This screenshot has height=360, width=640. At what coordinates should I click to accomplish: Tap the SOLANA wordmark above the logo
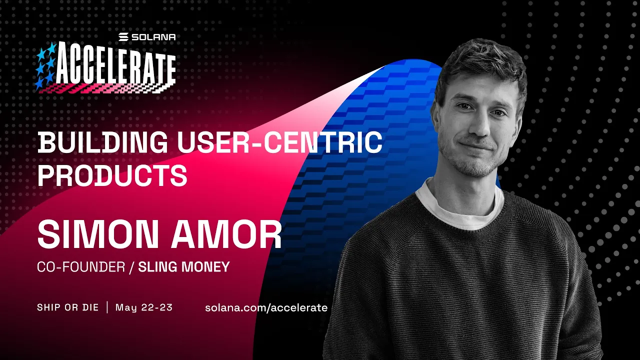[147, 37]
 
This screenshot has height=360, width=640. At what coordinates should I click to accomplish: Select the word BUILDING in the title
[103, 143]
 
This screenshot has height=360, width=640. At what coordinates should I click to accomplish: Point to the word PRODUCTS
[112, 175]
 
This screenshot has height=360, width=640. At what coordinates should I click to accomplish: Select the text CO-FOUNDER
[81, 267]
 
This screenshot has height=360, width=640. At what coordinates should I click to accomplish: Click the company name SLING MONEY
[183, 267]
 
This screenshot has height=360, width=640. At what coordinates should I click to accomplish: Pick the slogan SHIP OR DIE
[67, 307]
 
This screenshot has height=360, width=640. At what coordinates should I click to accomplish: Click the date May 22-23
[144, 307]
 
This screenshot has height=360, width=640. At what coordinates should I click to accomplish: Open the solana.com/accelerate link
[266, 307]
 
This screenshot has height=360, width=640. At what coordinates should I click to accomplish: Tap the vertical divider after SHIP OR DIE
[107, 307]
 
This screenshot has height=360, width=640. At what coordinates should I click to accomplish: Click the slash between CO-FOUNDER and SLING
[131, 267]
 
